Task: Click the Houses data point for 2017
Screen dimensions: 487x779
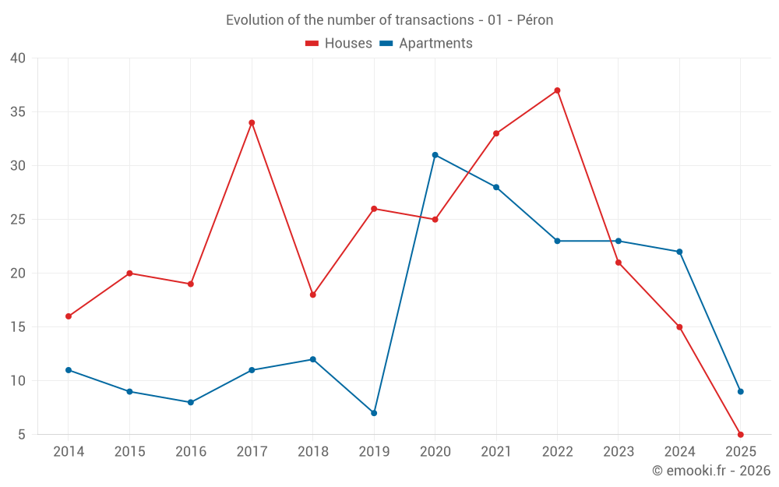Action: point(252,122)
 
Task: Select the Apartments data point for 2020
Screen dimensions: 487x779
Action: point(435,155)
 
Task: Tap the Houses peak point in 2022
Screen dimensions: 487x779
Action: point(557,90)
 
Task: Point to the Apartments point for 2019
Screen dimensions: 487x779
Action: point(374,413)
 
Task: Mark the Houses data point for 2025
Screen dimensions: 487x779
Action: point(740,434)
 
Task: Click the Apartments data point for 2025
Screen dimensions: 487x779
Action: point(740,391)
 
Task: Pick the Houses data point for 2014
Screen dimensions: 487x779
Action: point(69,316)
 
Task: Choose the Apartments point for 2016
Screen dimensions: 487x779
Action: point(191,402)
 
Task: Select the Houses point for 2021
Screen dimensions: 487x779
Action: point(496,133)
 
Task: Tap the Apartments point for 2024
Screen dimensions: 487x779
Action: point(679,252)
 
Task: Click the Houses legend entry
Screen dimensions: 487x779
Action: point(339,44)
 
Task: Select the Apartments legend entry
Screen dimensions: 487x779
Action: point(426,44)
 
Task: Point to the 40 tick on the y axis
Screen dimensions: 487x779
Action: point(18,58)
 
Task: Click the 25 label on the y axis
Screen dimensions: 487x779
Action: point(18,220)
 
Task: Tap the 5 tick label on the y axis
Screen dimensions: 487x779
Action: point(22,435)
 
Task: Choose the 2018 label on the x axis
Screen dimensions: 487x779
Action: point(312,452)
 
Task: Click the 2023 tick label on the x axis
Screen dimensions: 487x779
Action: point(618,452)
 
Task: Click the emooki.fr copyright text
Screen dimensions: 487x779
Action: point(710,471)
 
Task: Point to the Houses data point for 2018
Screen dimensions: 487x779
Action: point(312,295)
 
